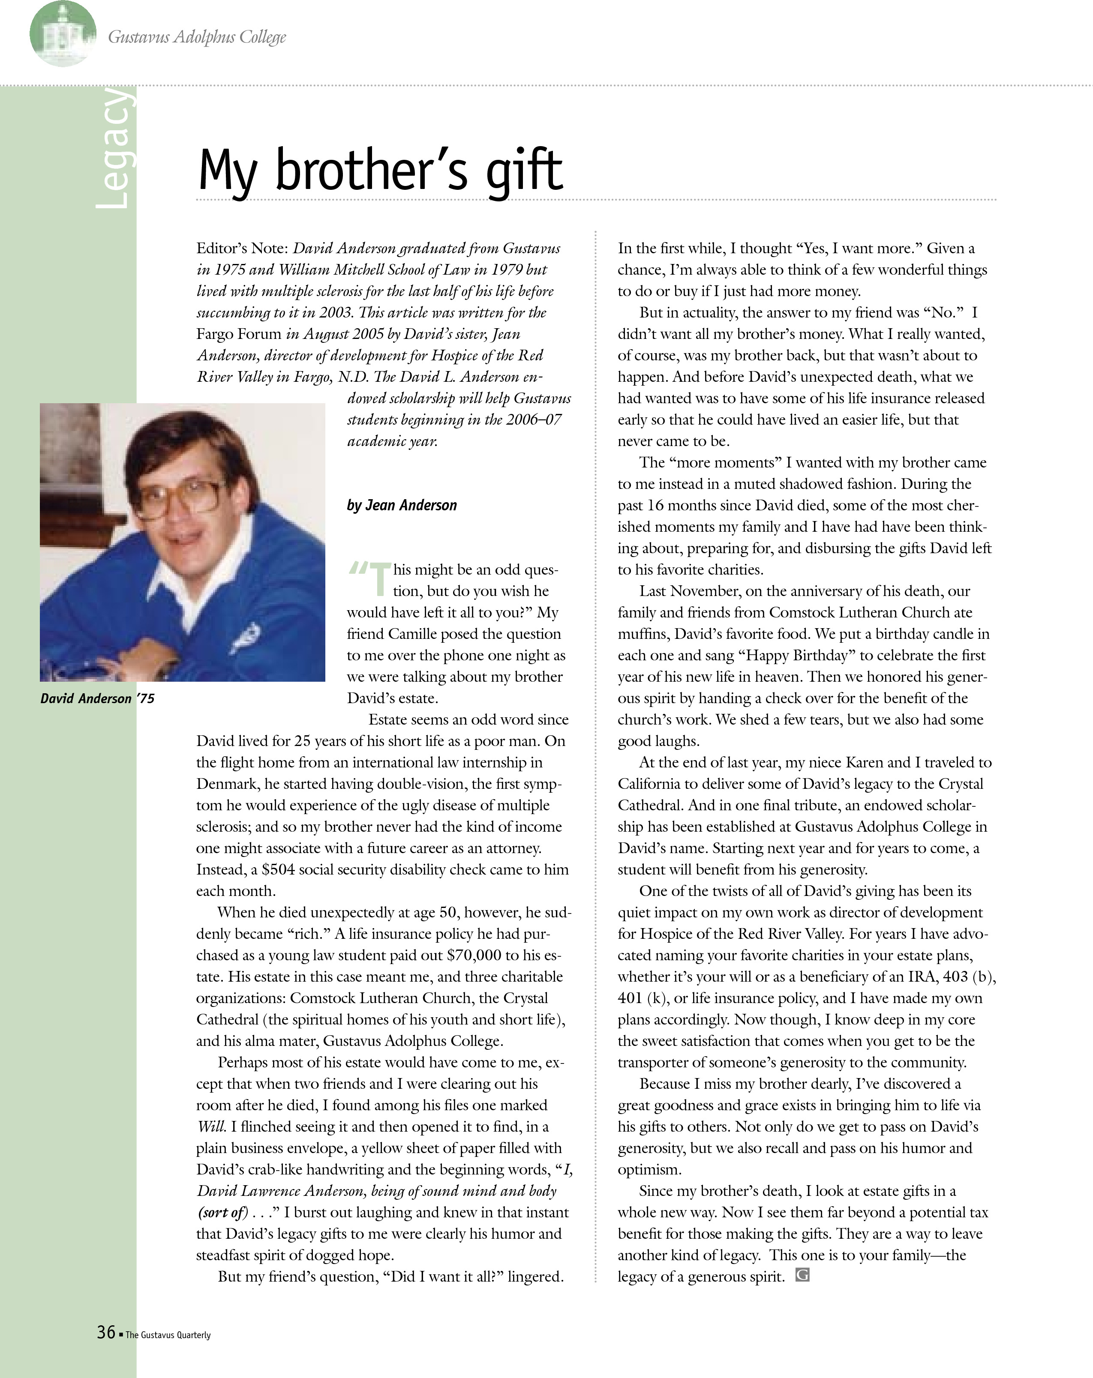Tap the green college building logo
[63, 33]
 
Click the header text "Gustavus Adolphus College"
[197, 37]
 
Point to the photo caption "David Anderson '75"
[97, 698]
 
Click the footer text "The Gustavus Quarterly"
[168, 1335]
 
